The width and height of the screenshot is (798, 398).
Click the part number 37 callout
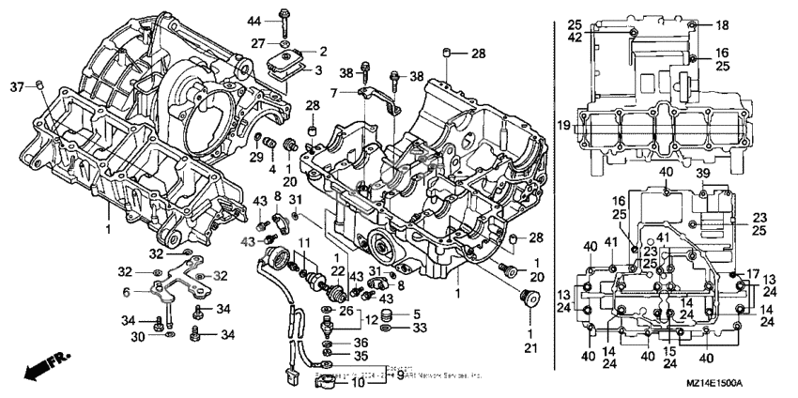tap(15, 87)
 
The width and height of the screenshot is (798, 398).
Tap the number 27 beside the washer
tap(255, 43)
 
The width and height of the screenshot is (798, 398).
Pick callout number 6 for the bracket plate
tap(127, 292)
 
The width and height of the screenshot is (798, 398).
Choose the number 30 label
tap(137, 335)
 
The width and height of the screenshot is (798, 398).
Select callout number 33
tap(418, 329)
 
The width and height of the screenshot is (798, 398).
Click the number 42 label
tap(575, 38)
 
